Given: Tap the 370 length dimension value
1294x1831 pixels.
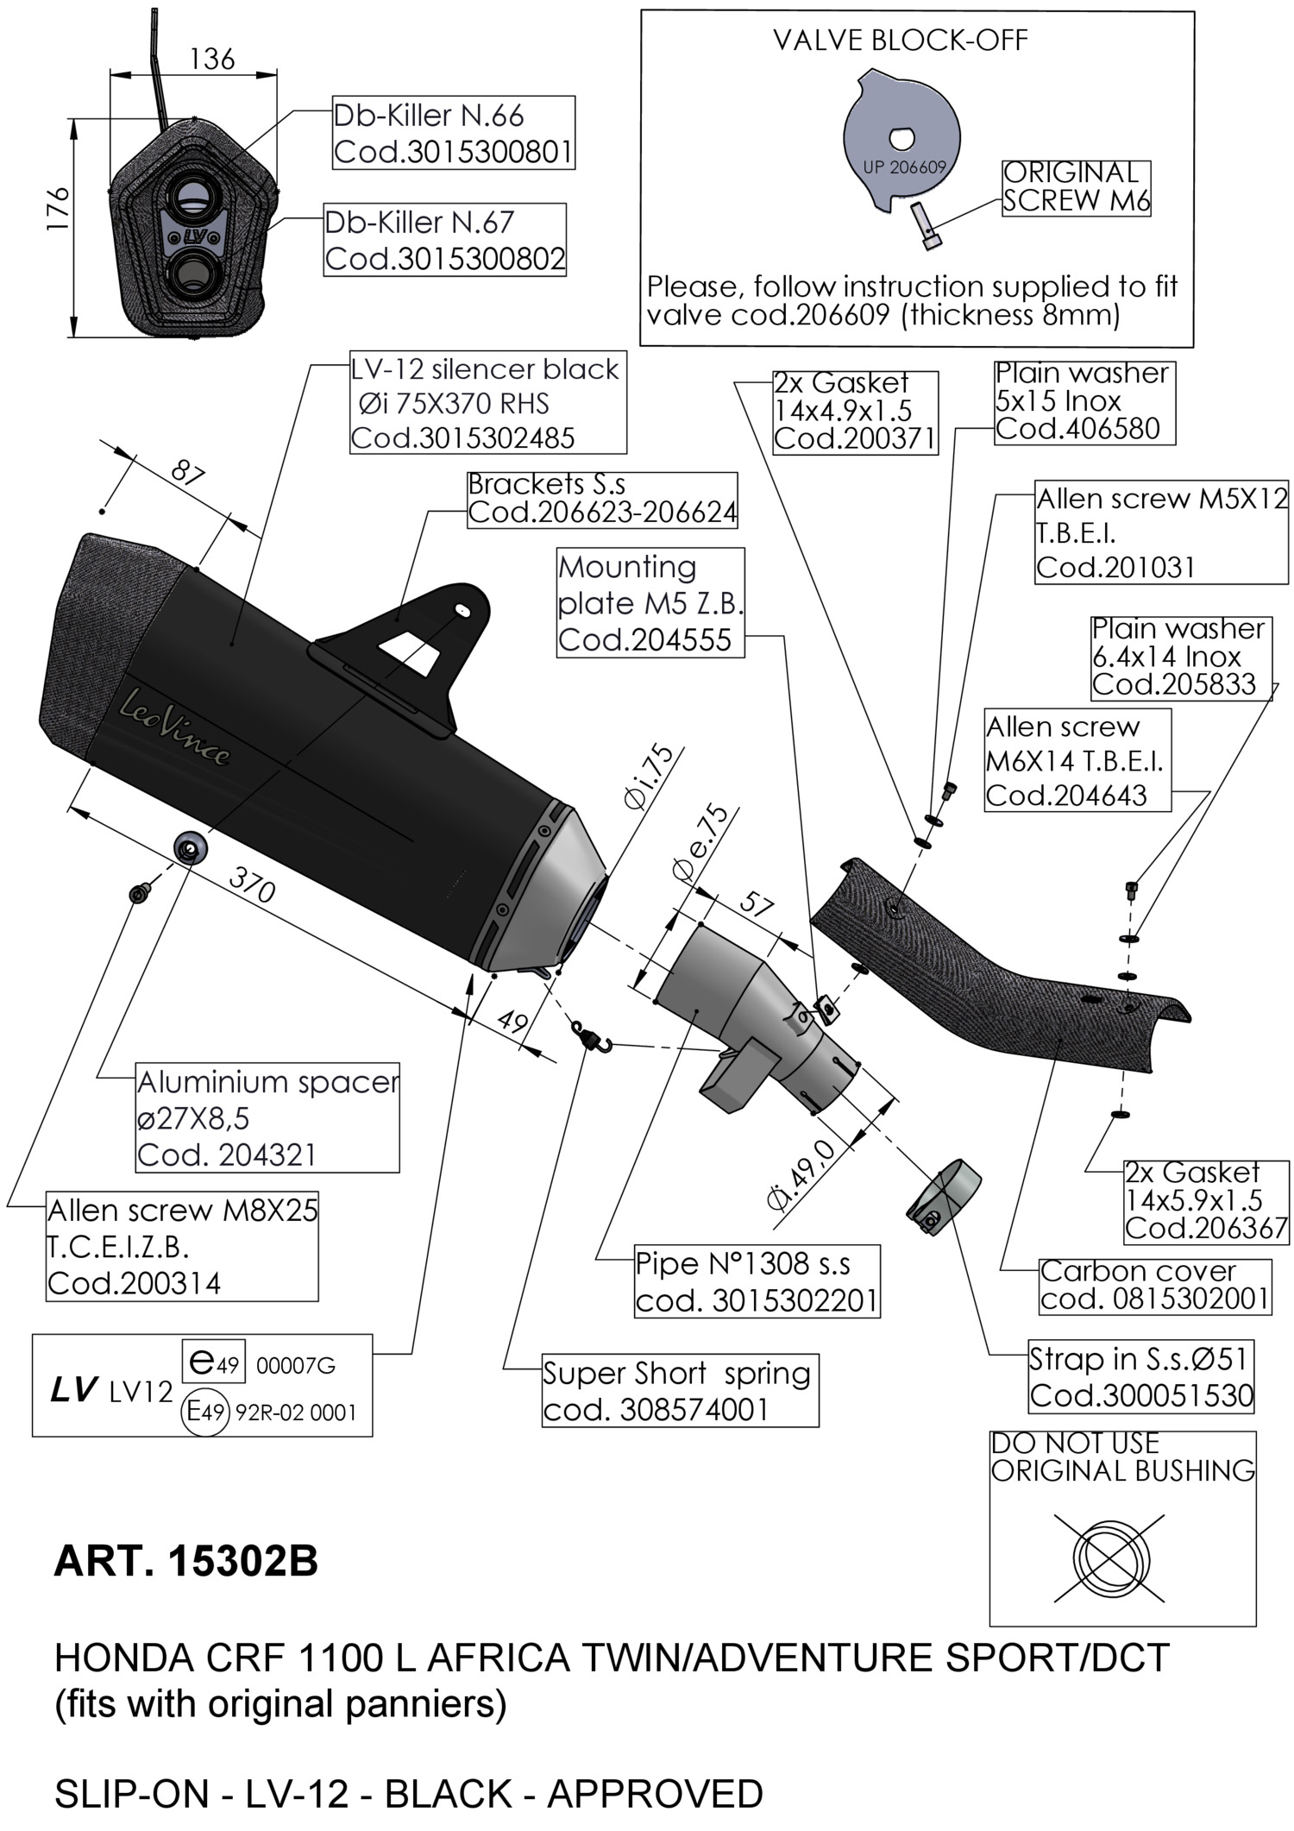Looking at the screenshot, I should tap(252, 884).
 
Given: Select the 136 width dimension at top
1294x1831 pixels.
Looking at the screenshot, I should tap(211, 59).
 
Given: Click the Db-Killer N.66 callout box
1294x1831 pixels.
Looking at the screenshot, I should tap(453, 133).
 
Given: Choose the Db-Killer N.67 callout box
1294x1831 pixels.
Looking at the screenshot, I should tap(444, 240).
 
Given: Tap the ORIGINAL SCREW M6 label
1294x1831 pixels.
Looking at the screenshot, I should tap(1076, 186).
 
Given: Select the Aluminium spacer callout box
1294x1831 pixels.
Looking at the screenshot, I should tap(267, 1117).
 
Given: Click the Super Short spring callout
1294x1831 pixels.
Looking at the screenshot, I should tap(678, 1390).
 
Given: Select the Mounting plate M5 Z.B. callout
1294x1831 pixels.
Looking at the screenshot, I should tap(650, 603).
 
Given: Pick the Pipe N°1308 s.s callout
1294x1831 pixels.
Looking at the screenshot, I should tap(756, 1281).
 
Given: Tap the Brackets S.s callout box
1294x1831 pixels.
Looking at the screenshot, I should tap(601, 499).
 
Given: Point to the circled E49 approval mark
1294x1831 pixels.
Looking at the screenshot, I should tap(205, 1412).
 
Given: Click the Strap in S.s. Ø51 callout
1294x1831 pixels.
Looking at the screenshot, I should tap(1140, 1376).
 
